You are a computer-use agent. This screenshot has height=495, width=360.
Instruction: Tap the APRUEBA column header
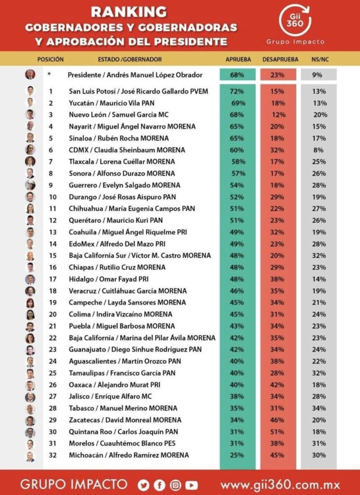coord(239,59)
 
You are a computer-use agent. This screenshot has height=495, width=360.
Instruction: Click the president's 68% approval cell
coord(237,75)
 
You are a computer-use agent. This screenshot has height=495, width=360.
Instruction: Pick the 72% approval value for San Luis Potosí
coord(238,91)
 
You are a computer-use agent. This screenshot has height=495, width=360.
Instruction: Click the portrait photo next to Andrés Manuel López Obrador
coord(30,74)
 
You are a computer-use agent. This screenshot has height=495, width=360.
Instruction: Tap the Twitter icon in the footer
coord(143,484)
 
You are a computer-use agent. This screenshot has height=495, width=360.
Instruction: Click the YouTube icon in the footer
coord(192,484)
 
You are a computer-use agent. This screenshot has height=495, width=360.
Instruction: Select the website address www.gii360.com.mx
coord(280,484)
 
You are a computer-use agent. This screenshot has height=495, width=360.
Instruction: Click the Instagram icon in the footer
coord(176,484)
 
